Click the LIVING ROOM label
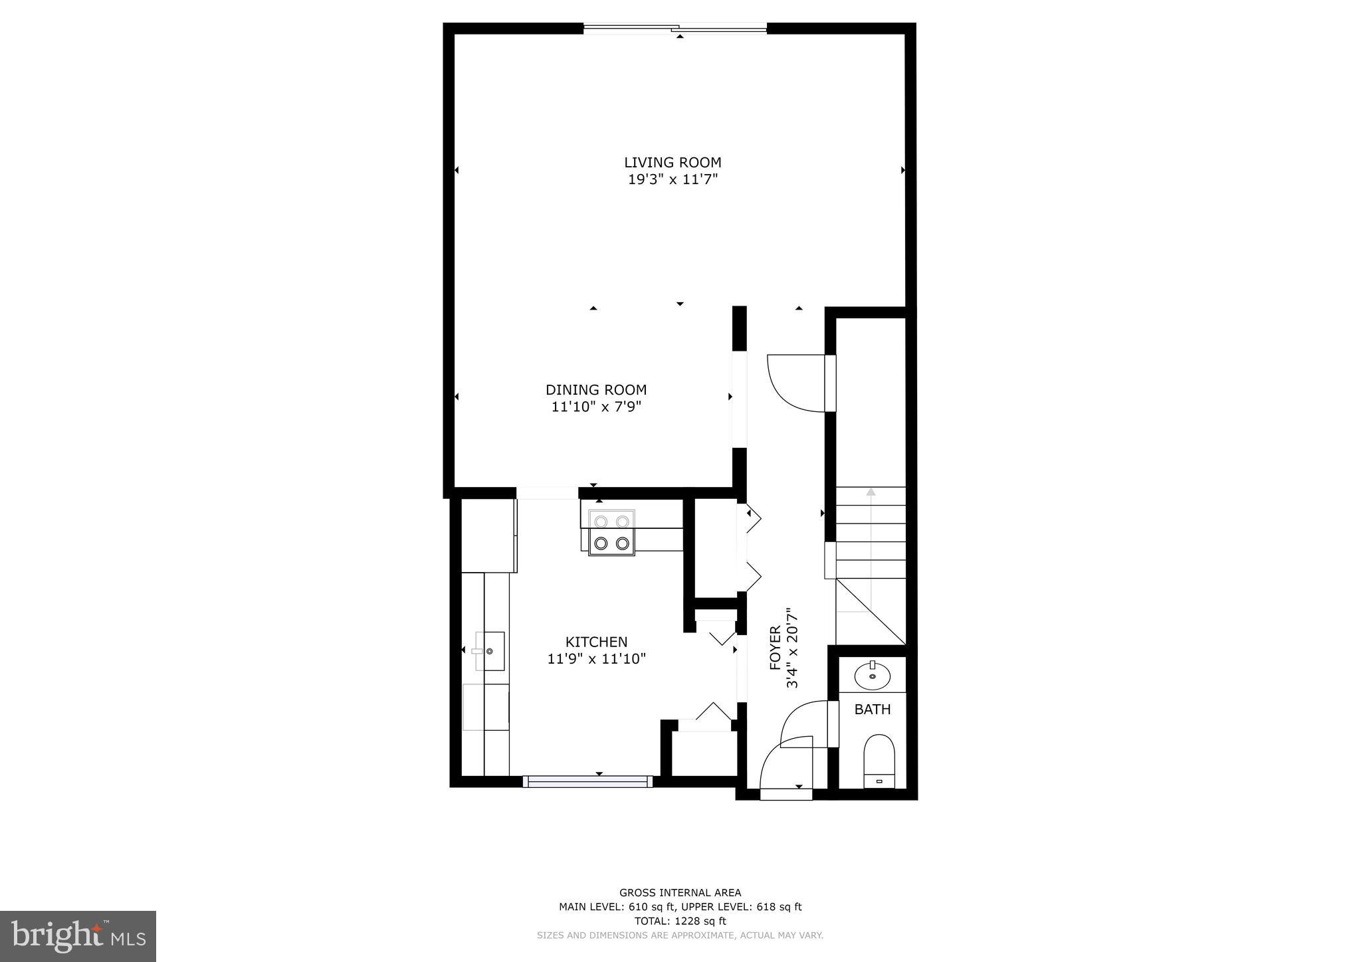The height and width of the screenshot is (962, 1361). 673,162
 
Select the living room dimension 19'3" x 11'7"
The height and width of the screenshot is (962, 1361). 673,179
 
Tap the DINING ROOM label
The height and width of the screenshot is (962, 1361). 596,390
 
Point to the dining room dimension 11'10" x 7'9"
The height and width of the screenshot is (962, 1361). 596,407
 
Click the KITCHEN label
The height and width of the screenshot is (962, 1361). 596,642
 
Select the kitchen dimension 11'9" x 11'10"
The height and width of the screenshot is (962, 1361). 596,659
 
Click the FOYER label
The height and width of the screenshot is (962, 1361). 775,648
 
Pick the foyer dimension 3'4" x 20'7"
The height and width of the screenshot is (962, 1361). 791,648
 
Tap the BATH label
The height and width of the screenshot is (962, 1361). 872,710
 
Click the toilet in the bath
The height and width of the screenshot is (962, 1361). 879,760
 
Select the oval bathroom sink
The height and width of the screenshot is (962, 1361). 872,676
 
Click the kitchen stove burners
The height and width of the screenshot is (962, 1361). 611,532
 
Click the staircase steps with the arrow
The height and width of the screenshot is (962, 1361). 870,531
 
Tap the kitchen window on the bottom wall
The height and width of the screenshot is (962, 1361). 587,781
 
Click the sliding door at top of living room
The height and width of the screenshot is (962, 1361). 675,28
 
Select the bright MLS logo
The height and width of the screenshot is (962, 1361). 78,936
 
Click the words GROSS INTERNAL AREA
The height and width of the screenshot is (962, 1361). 680,893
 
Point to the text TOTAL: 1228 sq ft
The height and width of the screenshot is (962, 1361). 680,921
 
